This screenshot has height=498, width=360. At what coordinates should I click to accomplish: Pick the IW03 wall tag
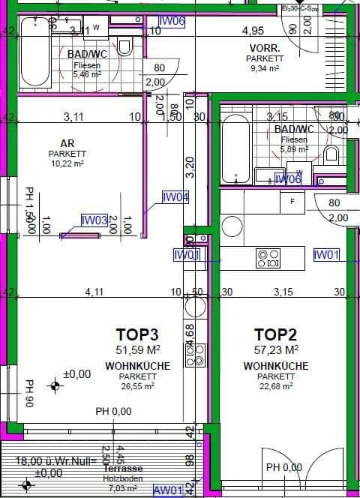tap(94, 220)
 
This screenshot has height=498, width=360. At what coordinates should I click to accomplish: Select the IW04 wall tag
tap(175, 198)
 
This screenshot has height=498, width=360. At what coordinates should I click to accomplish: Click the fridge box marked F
tap(292, 202)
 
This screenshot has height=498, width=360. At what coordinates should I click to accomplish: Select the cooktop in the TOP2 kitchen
tap(268, 258)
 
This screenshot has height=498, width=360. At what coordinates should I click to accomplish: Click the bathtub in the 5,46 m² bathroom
tap(34, 52)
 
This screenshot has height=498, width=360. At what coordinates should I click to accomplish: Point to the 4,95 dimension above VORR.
tap(252, 31)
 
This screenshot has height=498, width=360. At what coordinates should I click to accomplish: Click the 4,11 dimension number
tap(94, 292)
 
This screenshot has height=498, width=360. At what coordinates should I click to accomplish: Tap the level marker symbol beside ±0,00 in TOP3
tap(54, 386)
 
